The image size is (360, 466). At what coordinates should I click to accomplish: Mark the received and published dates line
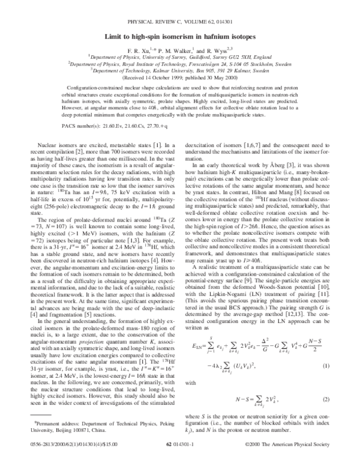(x=180, y=77)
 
